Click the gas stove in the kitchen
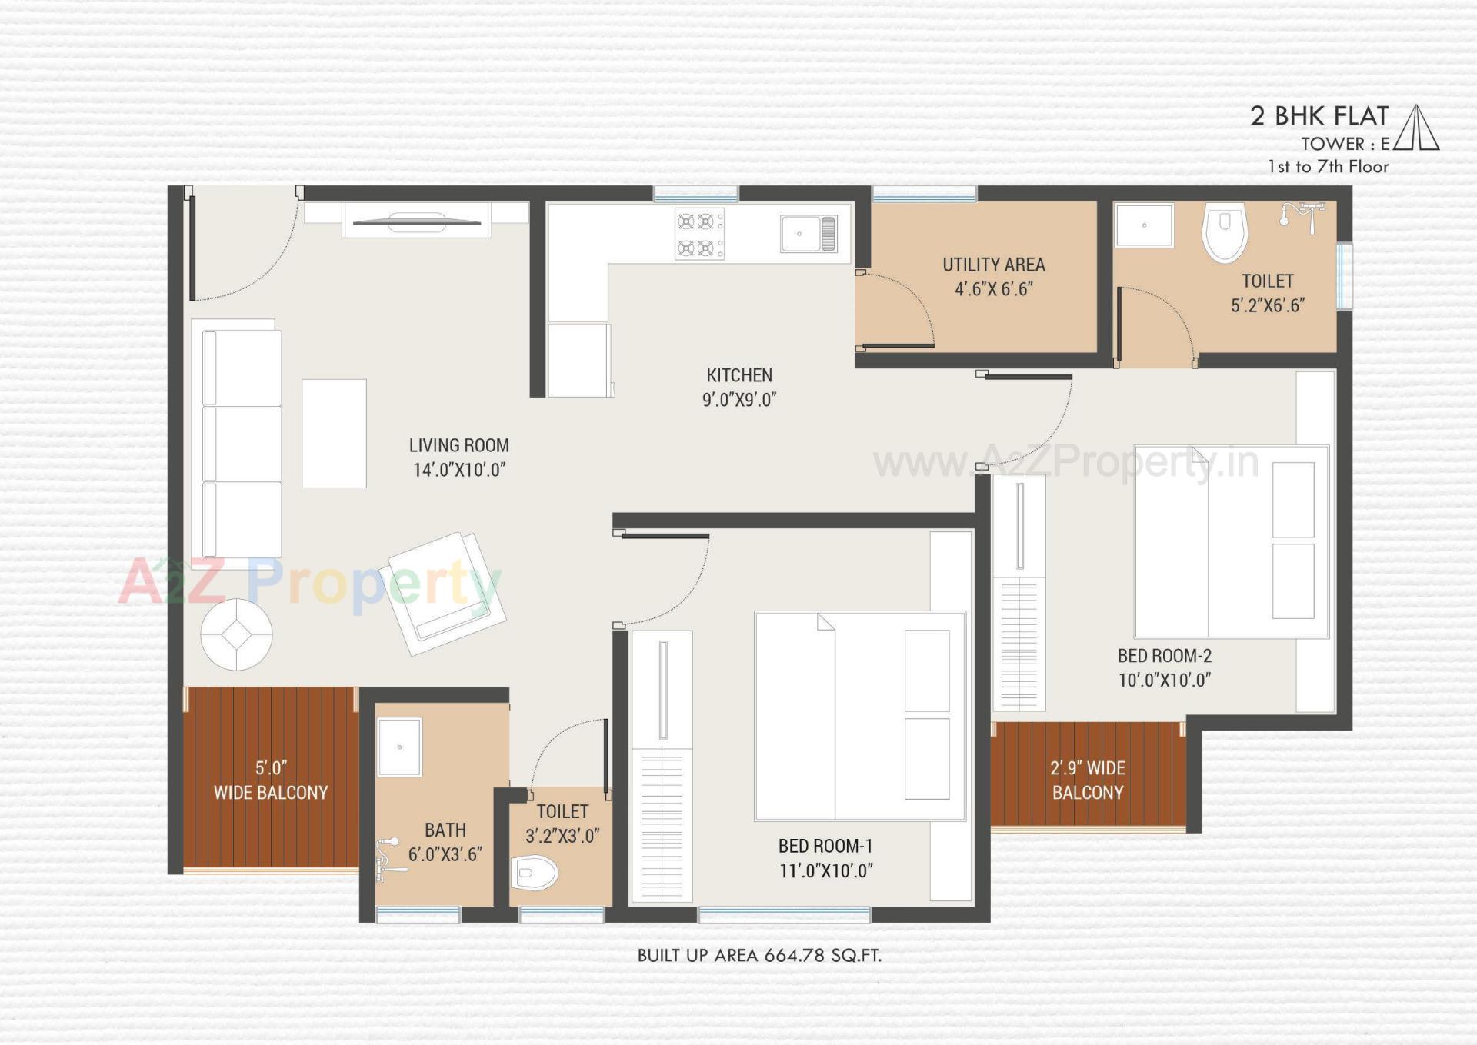698,234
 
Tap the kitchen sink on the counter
808,233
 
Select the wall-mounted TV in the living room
416,222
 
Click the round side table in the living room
236,634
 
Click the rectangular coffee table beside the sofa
334,433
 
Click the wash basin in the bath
399,747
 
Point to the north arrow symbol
1416,128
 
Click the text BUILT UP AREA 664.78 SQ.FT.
759,955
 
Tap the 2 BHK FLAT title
1319,116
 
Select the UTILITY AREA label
993,265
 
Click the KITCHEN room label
738,375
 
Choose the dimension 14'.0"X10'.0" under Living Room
459,470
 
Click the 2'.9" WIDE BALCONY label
1088,780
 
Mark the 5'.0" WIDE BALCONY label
271,780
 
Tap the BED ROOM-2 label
1164,656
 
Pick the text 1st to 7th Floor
1328,167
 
